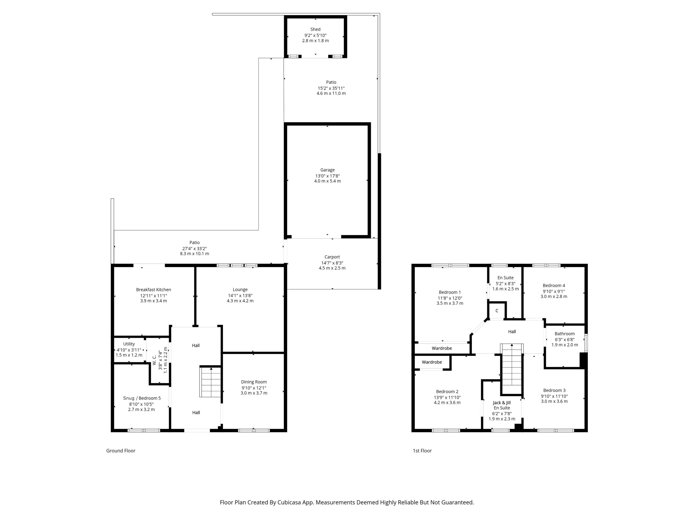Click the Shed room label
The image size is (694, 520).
pos(315,29)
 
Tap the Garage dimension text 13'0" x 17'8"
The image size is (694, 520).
pos(327,176)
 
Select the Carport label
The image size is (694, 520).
pos(332,257)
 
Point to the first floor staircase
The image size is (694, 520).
pos(512,369)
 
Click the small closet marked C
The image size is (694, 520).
pos(497,311)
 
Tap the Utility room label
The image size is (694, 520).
pos(129,344)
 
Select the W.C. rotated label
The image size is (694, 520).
pos(154,360)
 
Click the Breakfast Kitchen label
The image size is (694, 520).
pos(153,290)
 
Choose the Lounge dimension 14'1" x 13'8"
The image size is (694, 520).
pos(240,295)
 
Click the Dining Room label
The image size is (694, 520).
pos(254,382)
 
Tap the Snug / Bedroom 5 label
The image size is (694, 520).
pos(142,398)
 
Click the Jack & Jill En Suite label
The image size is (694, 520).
pos(502,405)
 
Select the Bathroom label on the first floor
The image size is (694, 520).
pos(564,333)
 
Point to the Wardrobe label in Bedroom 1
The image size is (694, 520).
pos(442,348)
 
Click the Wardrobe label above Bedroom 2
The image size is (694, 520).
pos(432,362)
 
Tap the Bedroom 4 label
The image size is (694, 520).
pos(554,285)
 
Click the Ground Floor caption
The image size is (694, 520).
pos(121,450)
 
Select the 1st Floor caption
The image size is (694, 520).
pos(422,450)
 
